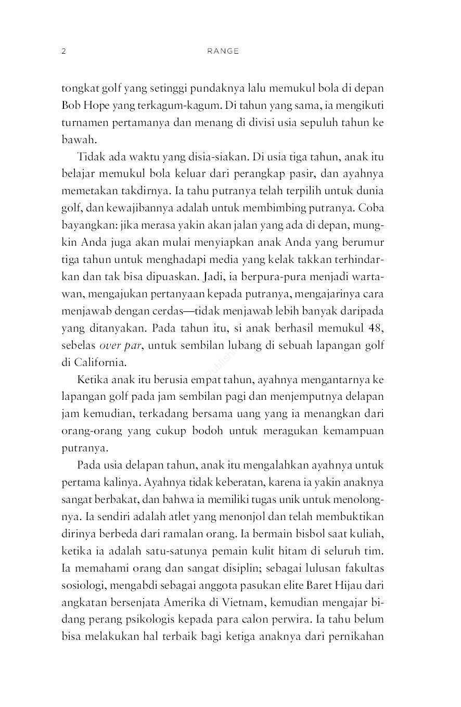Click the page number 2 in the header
[63, 52]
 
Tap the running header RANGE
[222, 52]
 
